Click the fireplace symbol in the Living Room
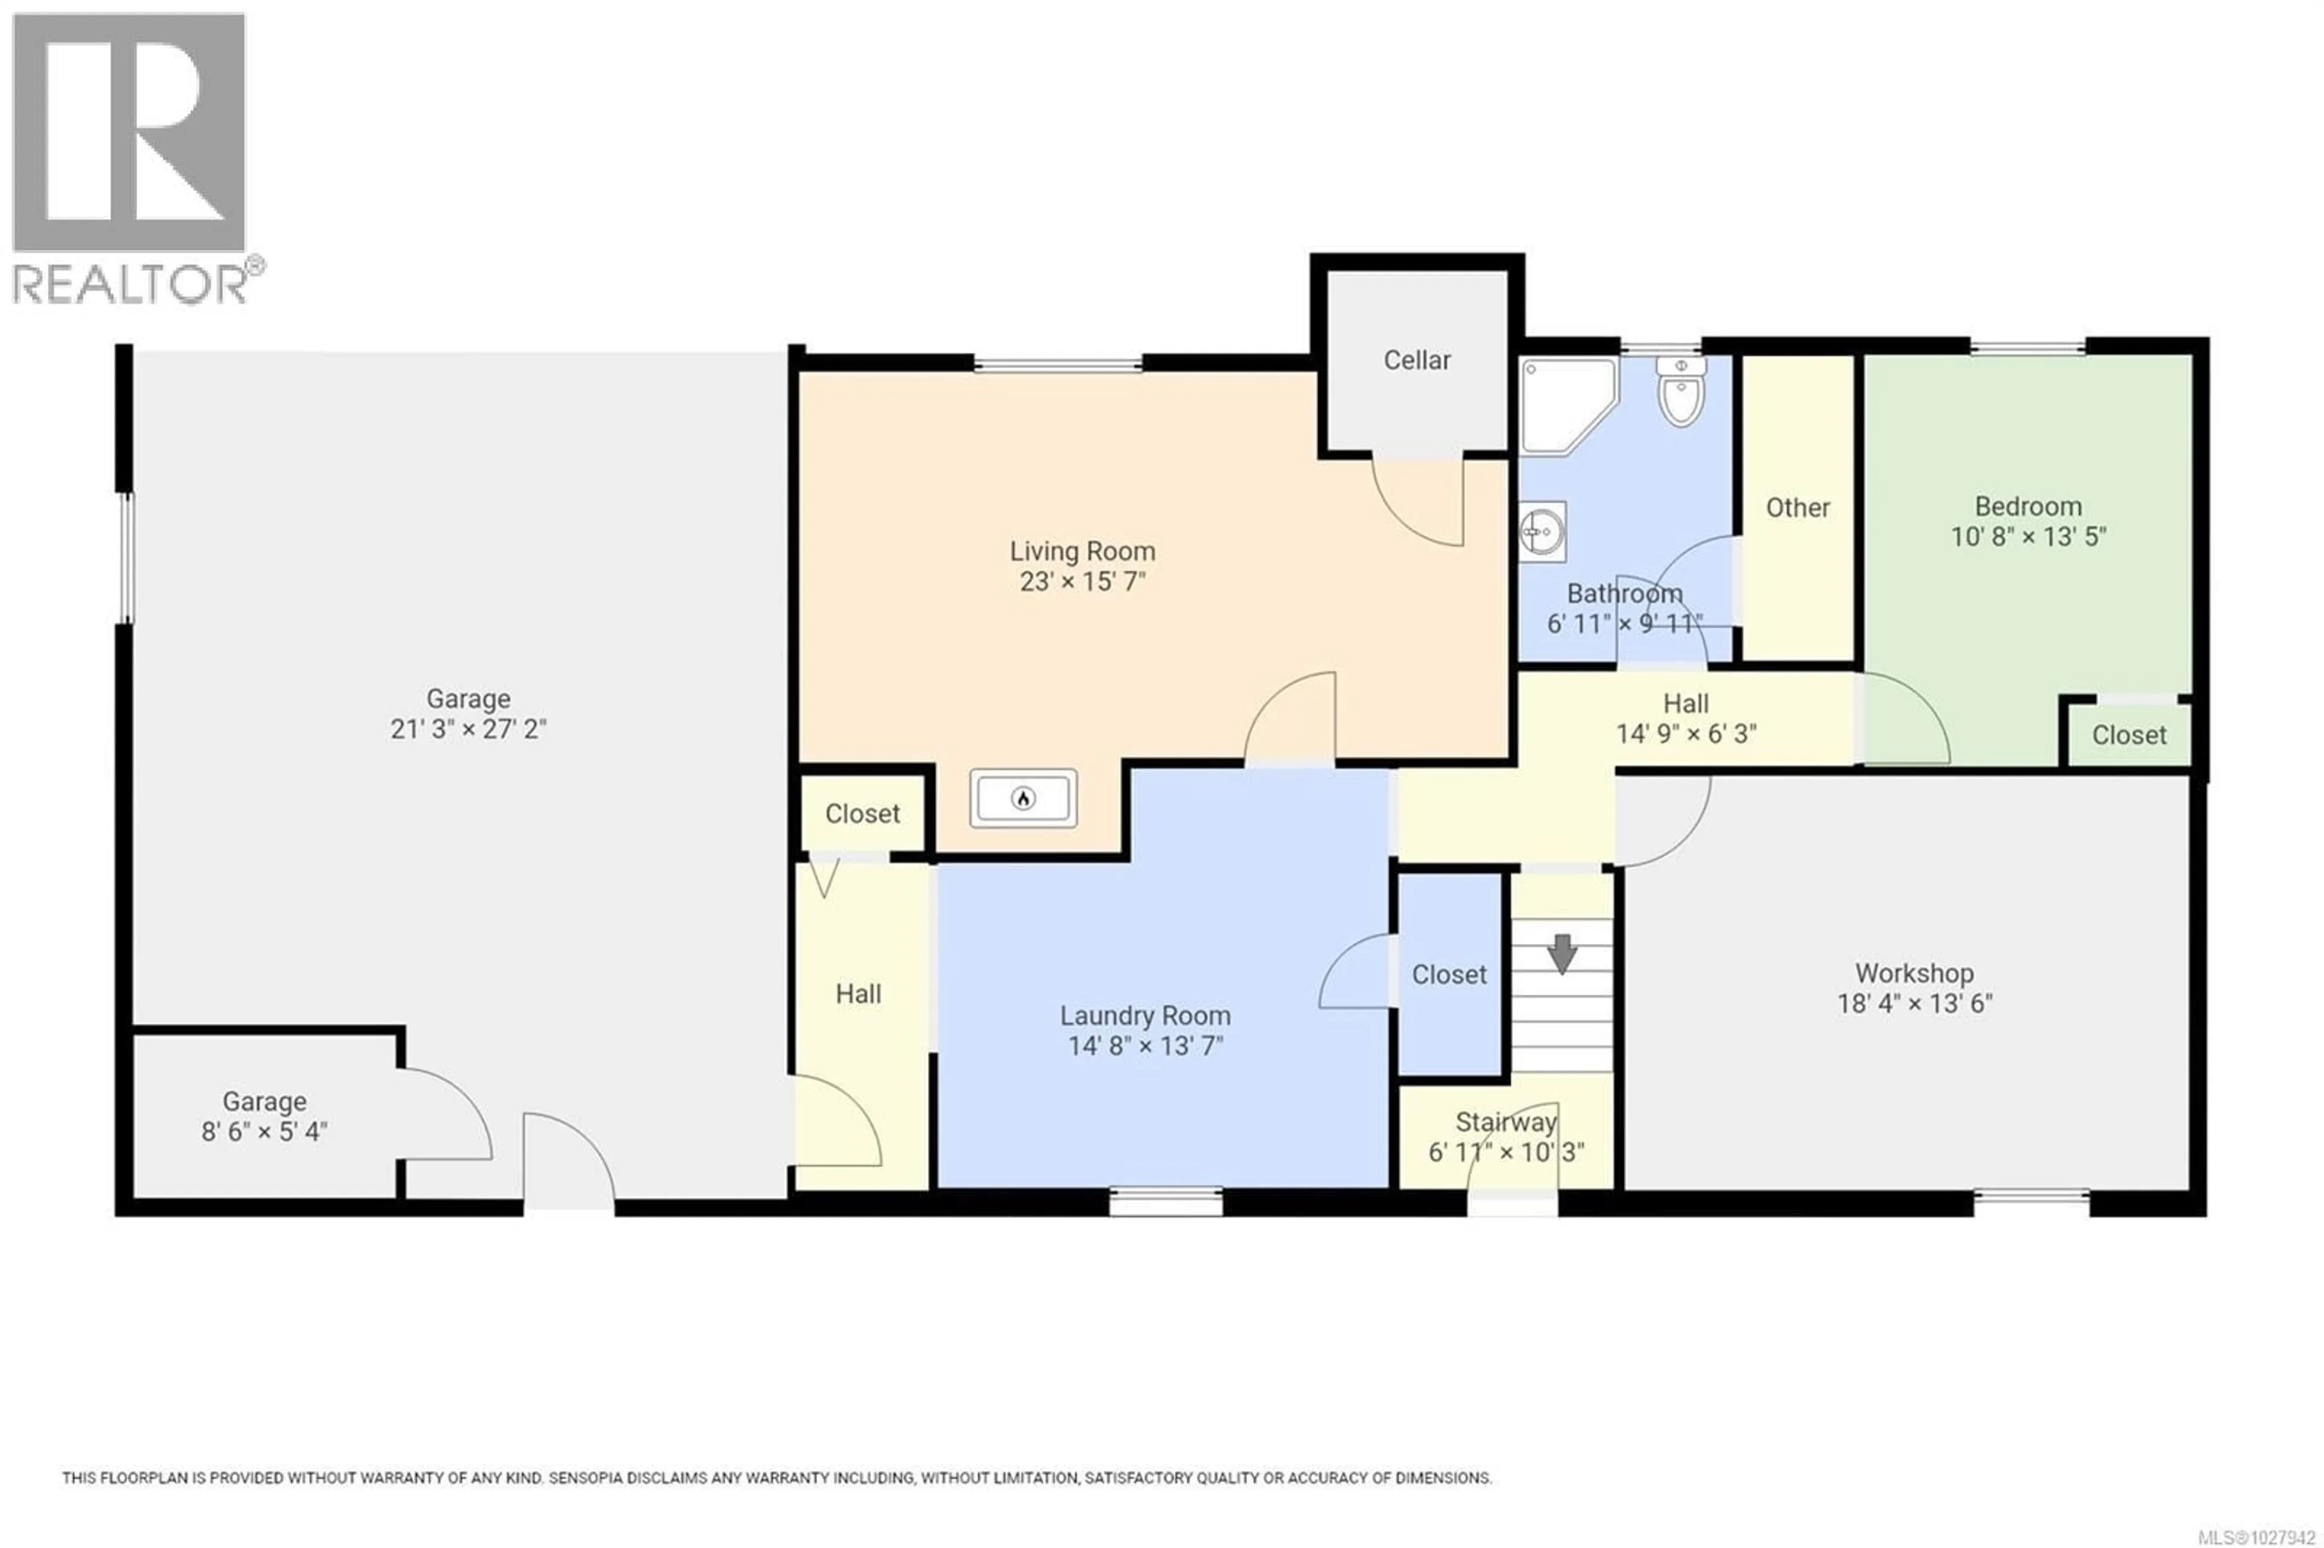click(x=1023, y=798)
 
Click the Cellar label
click(x=1417, y=360)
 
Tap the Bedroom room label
click(x=2028, y=507)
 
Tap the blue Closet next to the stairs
click(x=1448, y=974)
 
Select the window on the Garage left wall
click(x=125, y=558)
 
